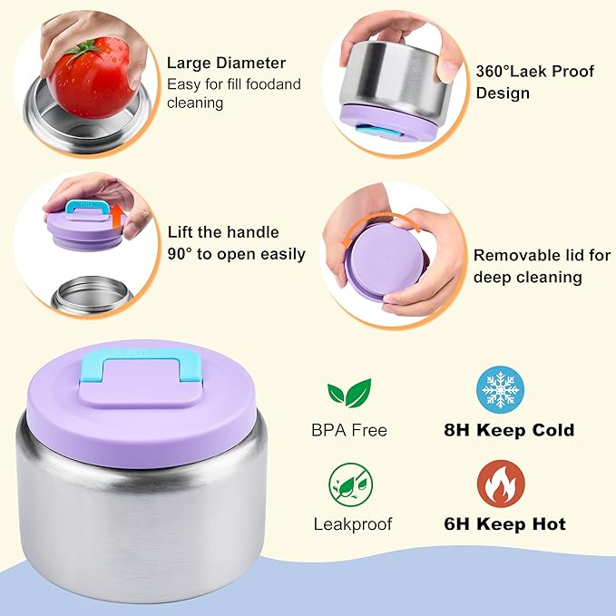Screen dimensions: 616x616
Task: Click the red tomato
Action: click(x=91, y=78)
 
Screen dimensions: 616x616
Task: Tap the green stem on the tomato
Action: click(x=86, y=49)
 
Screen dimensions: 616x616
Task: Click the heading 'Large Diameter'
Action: click(x=226, y=64)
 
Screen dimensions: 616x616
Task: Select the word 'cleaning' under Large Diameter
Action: click(x=195, y=103)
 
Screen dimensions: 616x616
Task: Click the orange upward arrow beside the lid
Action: click(x=117, y=220)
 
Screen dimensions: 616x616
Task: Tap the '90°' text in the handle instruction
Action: click(x=181, y=254)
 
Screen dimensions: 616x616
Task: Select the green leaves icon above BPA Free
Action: click(x=349, y=393)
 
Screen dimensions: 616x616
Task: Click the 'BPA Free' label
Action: click(x=349, y=430)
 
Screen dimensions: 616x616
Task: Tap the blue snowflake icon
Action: click(x=500, y=390)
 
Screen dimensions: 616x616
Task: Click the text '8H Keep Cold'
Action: click(x=509, y=430)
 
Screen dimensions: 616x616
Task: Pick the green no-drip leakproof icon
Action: click(x=350, y=484)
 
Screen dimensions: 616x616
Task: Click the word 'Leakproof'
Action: click(x=353, y=524)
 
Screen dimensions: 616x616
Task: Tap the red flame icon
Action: click(x=501, y=484)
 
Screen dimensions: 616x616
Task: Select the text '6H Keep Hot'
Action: click(x=504, y=524)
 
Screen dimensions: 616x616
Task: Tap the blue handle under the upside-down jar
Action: click(x=378, y=131)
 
